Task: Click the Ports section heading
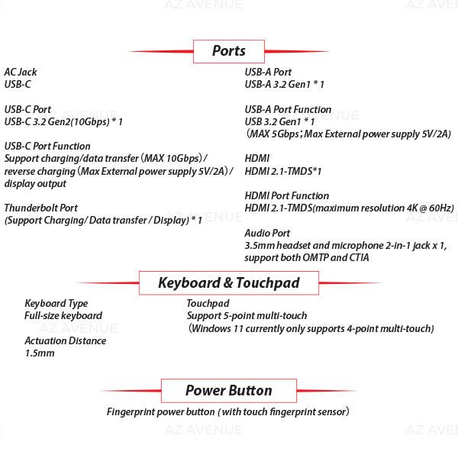point(229,51)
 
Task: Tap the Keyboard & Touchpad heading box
point(229,282)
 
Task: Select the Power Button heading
point(229,391)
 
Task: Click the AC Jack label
point(21,73)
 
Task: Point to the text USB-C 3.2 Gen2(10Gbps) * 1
point(63,122)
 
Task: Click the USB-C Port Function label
point(47,146)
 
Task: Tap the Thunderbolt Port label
point(41,208)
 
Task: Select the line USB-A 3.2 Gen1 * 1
point(284,85)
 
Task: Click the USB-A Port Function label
point(288,109)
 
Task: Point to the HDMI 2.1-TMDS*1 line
point(283,171)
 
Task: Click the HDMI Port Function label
point(287,195)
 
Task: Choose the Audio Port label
point(267,233)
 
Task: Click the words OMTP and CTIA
point(336,258)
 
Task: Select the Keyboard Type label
point(56,304)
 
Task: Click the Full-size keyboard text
point(63,316)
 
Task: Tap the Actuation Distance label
point(66,341)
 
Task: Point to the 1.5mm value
point(40,353)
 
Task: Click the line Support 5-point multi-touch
point(247,316)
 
